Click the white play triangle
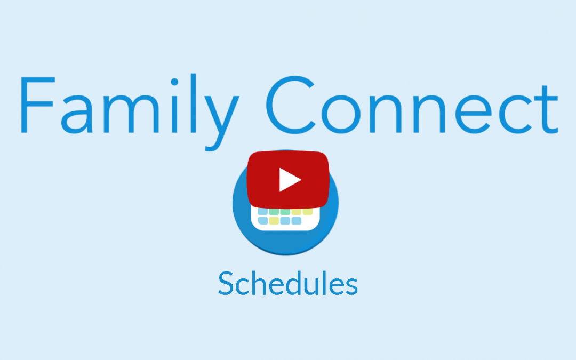point(290,180)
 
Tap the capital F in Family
point(37,105)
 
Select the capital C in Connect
point(290,105)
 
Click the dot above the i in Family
point(174,82)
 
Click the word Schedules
point(287,284)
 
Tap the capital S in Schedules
point(226,284)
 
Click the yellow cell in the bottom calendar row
point(274,221)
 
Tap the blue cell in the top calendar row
point(262,212)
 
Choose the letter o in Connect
point(341,115)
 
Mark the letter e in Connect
point(474,115)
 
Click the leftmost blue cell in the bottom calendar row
point(262,221)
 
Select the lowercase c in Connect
point(515,115)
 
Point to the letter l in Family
point(194,103)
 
